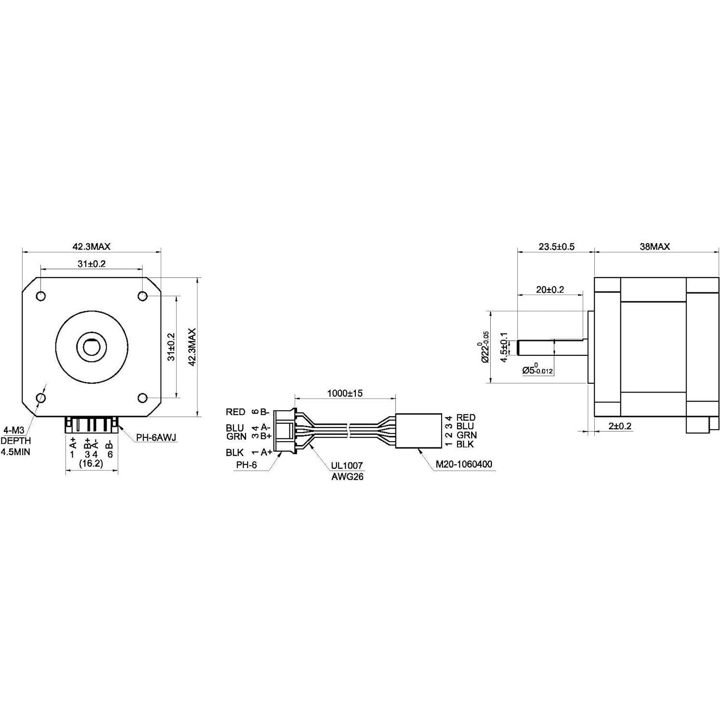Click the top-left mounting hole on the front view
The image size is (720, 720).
pos(41,296)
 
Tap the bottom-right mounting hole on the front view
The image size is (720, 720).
pos(143,398)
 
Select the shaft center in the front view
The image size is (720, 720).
pos(92,346)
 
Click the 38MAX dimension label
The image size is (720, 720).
pos(655,247)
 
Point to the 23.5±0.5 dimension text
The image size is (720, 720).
pos(556,247)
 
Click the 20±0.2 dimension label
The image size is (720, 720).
pos(550,289)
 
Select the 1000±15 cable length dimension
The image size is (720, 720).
pos(344,393)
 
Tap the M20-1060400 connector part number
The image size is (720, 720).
pos(463,464)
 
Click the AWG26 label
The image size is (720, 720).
pos(347,477)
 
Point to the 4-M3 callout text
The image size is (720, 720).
pos(14,430)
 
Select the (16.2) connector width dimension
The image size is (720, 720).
pos(91,463)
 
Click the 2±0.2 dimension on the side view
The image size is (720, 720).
pos(619,426)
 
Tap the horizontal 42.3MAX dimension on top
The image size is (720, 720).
pos(92,247)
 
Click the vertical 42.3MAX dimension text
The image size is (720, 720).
pos(192,347)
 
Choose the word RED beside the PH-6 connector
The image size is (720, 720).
pos(236,412)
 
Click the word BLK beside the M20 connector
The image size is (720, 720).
pos(465,444)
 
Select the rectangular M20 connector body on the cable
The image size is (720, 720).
pos(419,431)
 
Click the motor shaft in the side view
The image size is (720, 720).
pos(551,347)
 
